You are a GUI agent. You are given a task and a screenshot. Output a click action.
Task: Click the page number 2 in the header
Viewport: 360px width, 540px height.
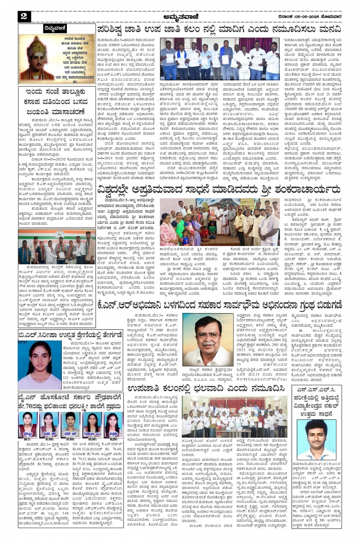(x=24, y=16)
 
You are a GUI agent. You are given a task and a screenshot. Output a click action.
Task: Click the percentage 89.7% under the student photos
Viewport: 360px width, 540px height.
(x=27, y=439)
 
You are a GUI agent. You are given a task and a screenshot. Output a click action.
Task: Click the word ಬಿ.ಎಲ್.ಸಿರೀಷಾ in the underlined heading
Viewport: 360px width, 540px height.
(x=37, y=334)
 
